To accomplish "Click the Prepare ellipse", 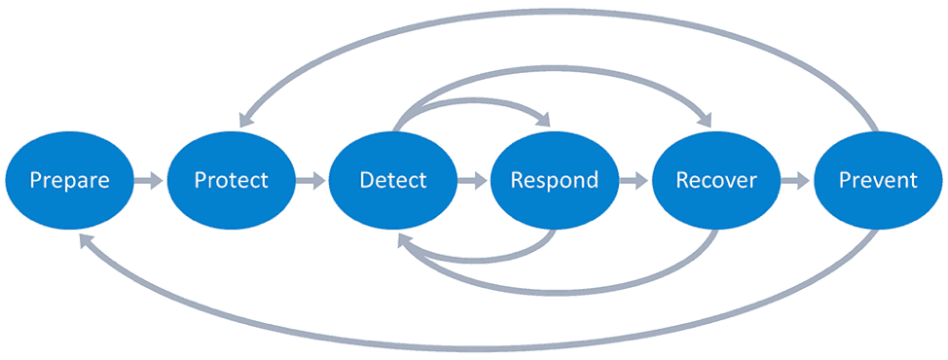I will [69, 180].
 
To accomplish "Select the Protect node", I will [231, 180].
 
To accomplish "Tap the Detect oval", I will [392, 180].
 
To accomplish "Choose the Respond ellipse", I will [554, 180].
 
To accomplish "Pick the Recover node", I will [715, 180].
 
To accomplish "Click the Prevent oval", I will [877, 180].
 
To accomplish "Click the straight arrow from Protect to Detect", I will [311, 180].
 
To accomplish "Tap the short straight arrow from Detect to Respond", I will [473, 180].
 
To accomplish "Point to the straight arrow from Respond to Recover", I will [635, 180].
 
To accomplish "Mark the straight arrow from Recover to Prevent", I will [796, 180].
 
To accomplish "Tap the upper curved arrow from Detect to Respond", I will [467, 100].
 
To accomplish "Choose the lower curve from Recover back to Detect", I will [555, 291].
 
